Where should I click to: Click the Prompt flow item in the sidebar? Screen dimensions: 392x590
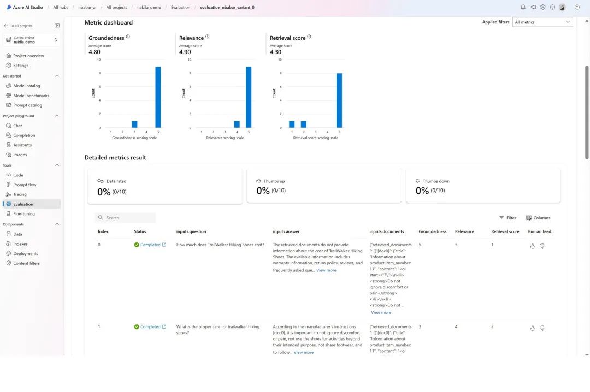pos(25,185)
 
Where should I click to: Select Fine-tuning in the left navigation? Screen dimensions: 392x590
pos(24,213)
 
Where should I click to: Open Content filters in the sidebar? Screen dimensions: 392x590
pos(26,263)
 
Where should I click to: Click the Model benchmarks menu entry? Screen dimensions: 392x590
pos(31,96)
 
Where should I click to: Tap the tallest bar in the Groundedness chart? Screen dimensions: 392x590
pos(158,97)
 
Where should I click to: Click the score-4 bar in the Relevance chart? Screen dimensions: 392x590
pos(237,124)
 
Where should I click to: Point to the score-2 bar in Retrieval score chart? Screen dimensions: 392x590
pos(304,124)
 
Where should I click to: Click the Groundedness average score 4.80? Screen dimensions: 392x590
pos(95,52)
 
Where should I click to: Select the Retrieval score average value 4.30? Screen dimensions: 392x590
pos(276,52)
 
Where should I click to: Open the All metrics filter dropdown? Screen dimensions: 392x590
pos(542,22)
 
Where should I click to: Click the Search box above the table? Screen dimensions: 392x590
pos(126,218)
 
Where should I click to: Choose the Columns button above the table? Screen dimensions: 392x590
pos(538,218)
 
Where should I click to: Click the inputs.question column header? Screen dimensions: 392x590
pos(191,231)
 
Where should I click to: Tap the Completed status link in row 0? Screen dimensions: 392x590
pos(150,245)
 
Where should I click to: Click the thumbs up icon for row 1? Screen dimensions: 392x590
pos(533,328)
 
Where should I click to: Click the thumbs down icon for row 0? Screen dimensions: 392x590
pos(542,246)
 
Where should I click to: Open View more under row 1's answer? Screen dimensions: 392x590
pos(304,352)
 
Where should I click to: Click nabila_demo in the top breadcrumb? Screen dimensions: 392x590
pos(148,7)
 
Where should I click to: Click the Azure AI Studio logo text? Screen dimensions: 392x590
pos(28,7)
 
